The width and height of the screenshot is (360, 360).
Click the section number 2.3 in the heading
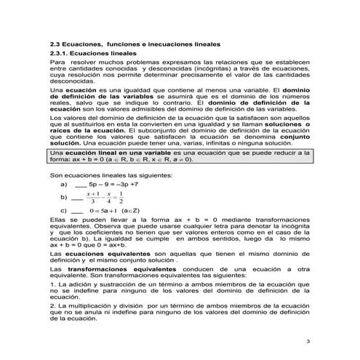[x=55, y=45]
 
